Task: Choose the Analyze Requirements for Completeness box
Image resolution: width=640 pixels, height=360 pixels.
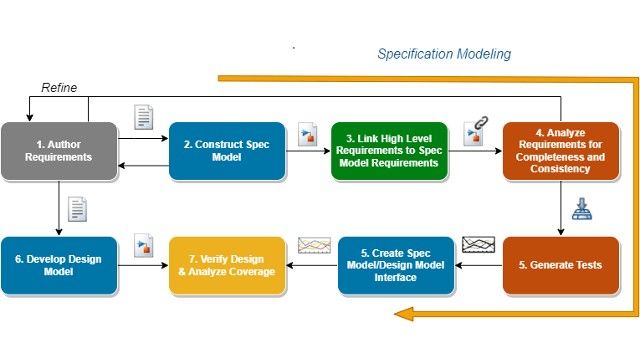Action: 561,150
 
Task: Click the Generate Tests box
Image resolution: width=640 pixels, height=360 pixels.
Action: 561,265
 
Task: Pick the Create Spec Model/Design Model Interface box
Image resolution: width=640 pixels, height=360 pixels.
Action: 397,265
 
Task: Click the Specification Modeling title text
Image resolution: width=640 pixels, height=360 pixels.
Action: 444,54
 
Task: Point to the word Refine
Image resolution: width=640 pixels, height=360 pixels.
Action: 58,88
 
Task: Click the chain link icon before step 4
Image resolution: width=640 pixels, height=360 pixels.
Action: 474,134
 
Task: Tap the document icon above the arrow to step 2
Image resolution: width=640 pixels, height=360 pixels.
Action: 144,117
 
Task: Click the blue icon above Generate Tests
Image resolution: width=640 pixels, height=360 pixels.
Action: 581,209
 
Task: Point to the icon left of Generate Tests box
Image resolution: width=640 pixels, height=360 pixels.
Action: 478,245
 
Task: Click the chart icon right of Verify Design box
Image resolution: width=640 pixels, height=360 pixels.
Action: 314,246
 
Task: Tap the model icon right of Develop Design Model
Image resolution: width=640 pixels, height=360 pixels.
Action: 144,245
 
